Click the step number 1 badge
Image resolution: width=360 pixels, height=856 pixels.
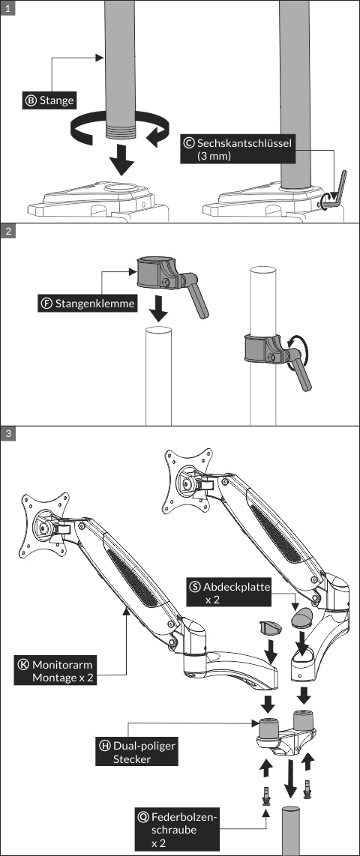[x=7, y=7]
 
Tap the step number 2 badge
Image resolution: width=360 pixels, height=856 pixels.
[x=7, y=231]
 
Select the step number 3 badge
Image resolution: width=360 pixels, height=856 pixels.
[x=7, y=434]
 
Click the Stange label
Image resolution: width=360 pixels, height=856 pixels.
[x=49, y=100]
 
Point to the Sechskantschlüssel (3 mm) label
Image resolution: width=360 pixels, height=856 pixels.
[x=238, y=149]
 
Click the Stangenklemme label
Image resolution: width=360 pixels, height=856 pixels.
[x=88, y=303]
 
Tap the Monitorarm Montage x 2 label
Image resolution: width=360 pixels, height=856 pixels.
[x=55, y=671]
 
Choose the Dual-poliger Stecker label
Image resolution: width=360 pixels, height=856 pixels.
[x=138, y=752]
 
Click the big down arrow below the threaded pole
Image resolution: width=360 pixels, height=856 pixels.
[x=121, y=160]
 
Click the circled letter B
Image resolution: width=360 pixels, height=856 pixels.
[x=31, y=100]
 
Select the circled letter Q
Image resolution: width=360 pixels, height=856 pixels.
[x=144, y=817]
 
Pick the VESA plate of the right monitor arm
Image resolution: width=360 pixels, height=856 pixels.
[x=188, y=479]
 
